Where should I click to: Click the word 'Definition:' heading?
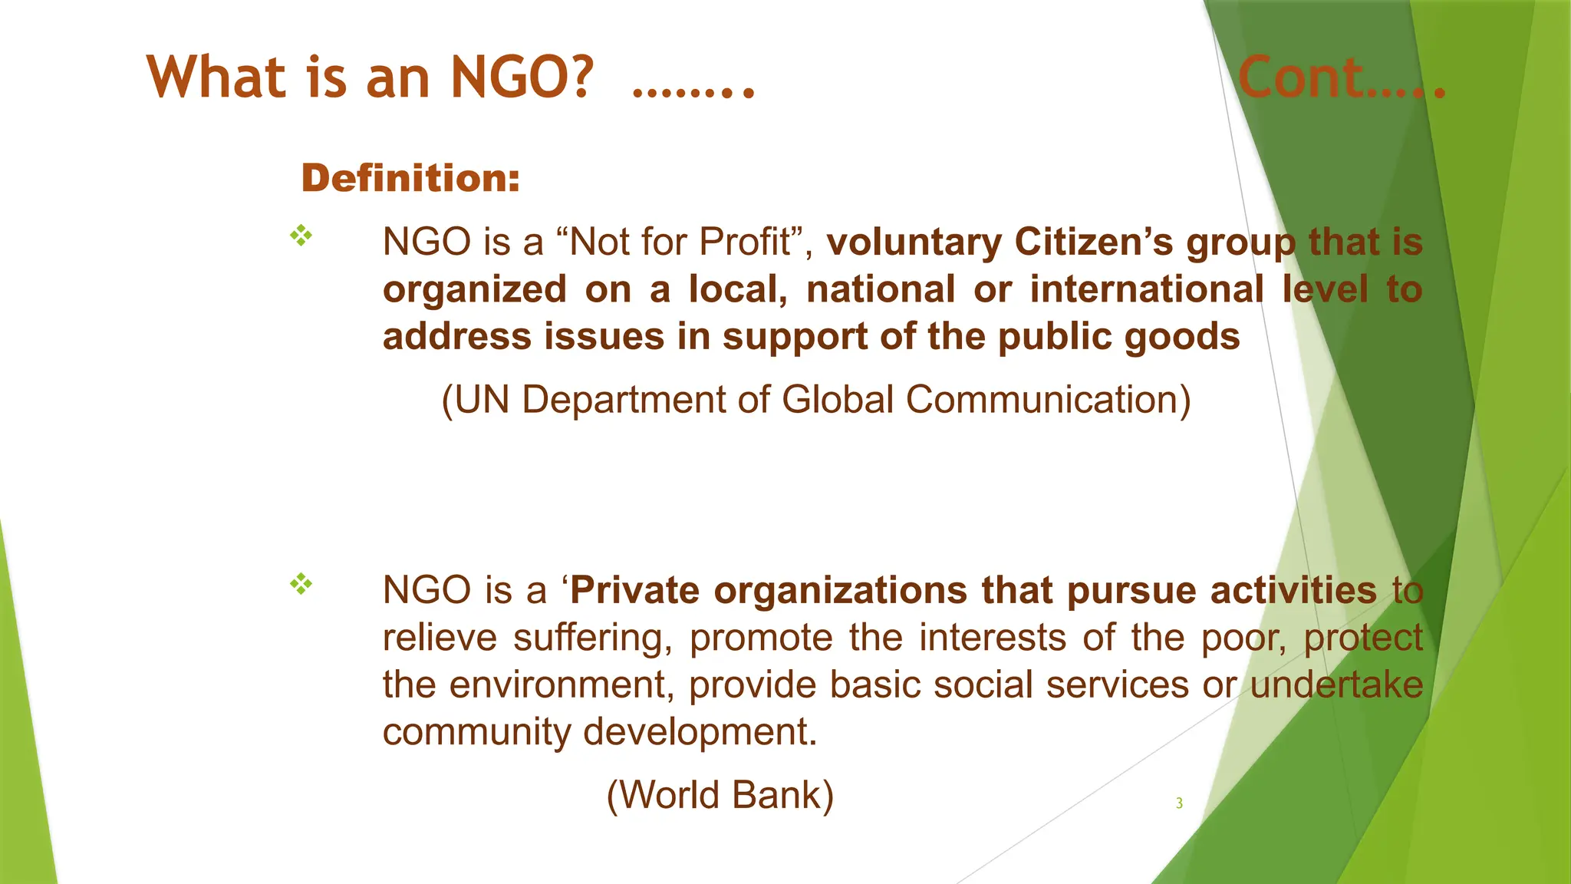[x=410, y=178]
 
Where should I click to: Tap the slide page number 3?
[x=1179, y=803]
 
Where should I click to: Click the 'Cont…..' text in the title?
[x=1341, y=78]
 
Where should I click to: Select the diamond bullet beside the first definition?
[x=301, y=236]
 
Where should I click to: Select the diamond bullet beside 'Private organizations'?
[x=301, y=585]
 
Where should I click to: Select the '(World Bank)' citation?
[x=720, y=795]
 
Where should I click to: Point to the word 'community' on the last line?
[x=476, y=732]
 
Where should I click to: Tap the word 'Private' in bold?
[x=635, y=591]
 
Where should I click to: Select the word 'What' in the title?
[x=216, y=78]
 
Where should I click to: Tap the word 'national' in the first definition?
[x=881, y=290]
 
